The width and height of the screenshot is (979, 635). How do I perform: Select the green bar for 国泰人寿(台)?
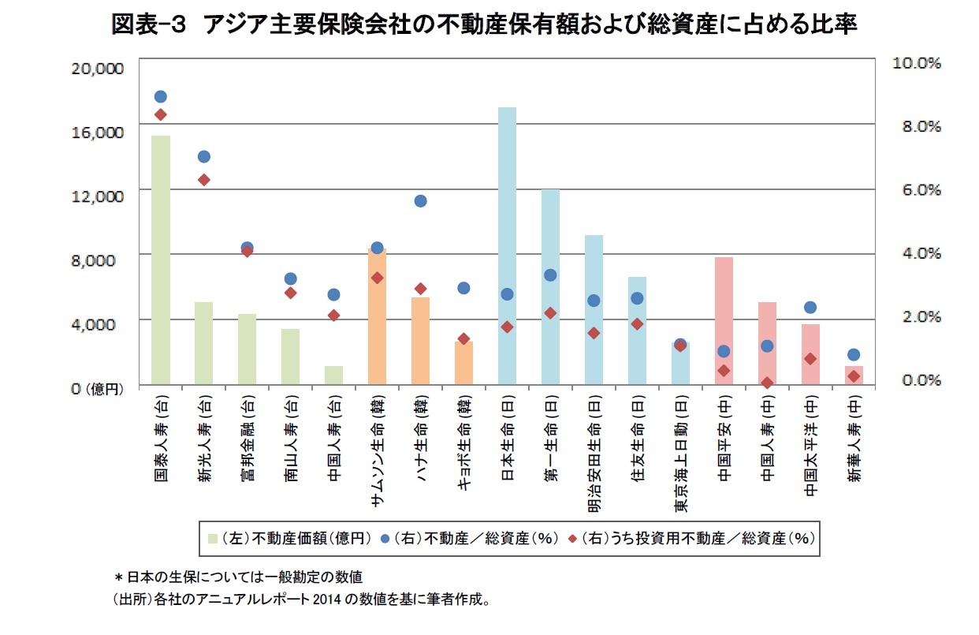[161, 260]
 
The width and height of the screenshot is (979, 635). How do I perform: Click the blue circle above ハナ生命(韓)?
[420, 201]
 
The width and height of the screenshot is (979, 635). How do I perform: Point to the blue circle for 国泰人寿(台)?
[161, 97]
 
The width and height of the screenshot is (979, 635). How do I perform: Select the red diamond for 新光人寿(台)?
[204, 180]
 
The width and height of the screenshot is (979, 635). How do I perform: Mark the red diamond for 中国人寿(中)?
[767, 383]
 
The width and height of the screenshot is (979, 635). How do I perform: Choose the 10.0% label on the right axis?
[914, 63]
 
